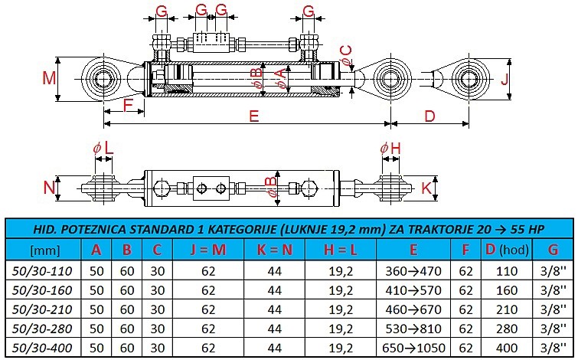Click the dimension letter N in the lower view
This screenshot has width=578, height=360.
pyautogui.click(x=50, y=187)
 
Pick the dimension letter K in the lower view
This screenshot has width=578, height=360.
pyautogui.click(x=426, y=187)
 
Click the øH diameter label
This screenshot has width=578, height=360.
pyautogui.click(x=390, y=146)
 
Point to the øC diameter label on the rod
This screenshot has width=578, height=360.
pyautogui.click(x=347, y=53)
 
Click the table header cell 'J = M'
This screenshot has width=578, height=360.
pyautogui.click(x=207, y=250)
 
